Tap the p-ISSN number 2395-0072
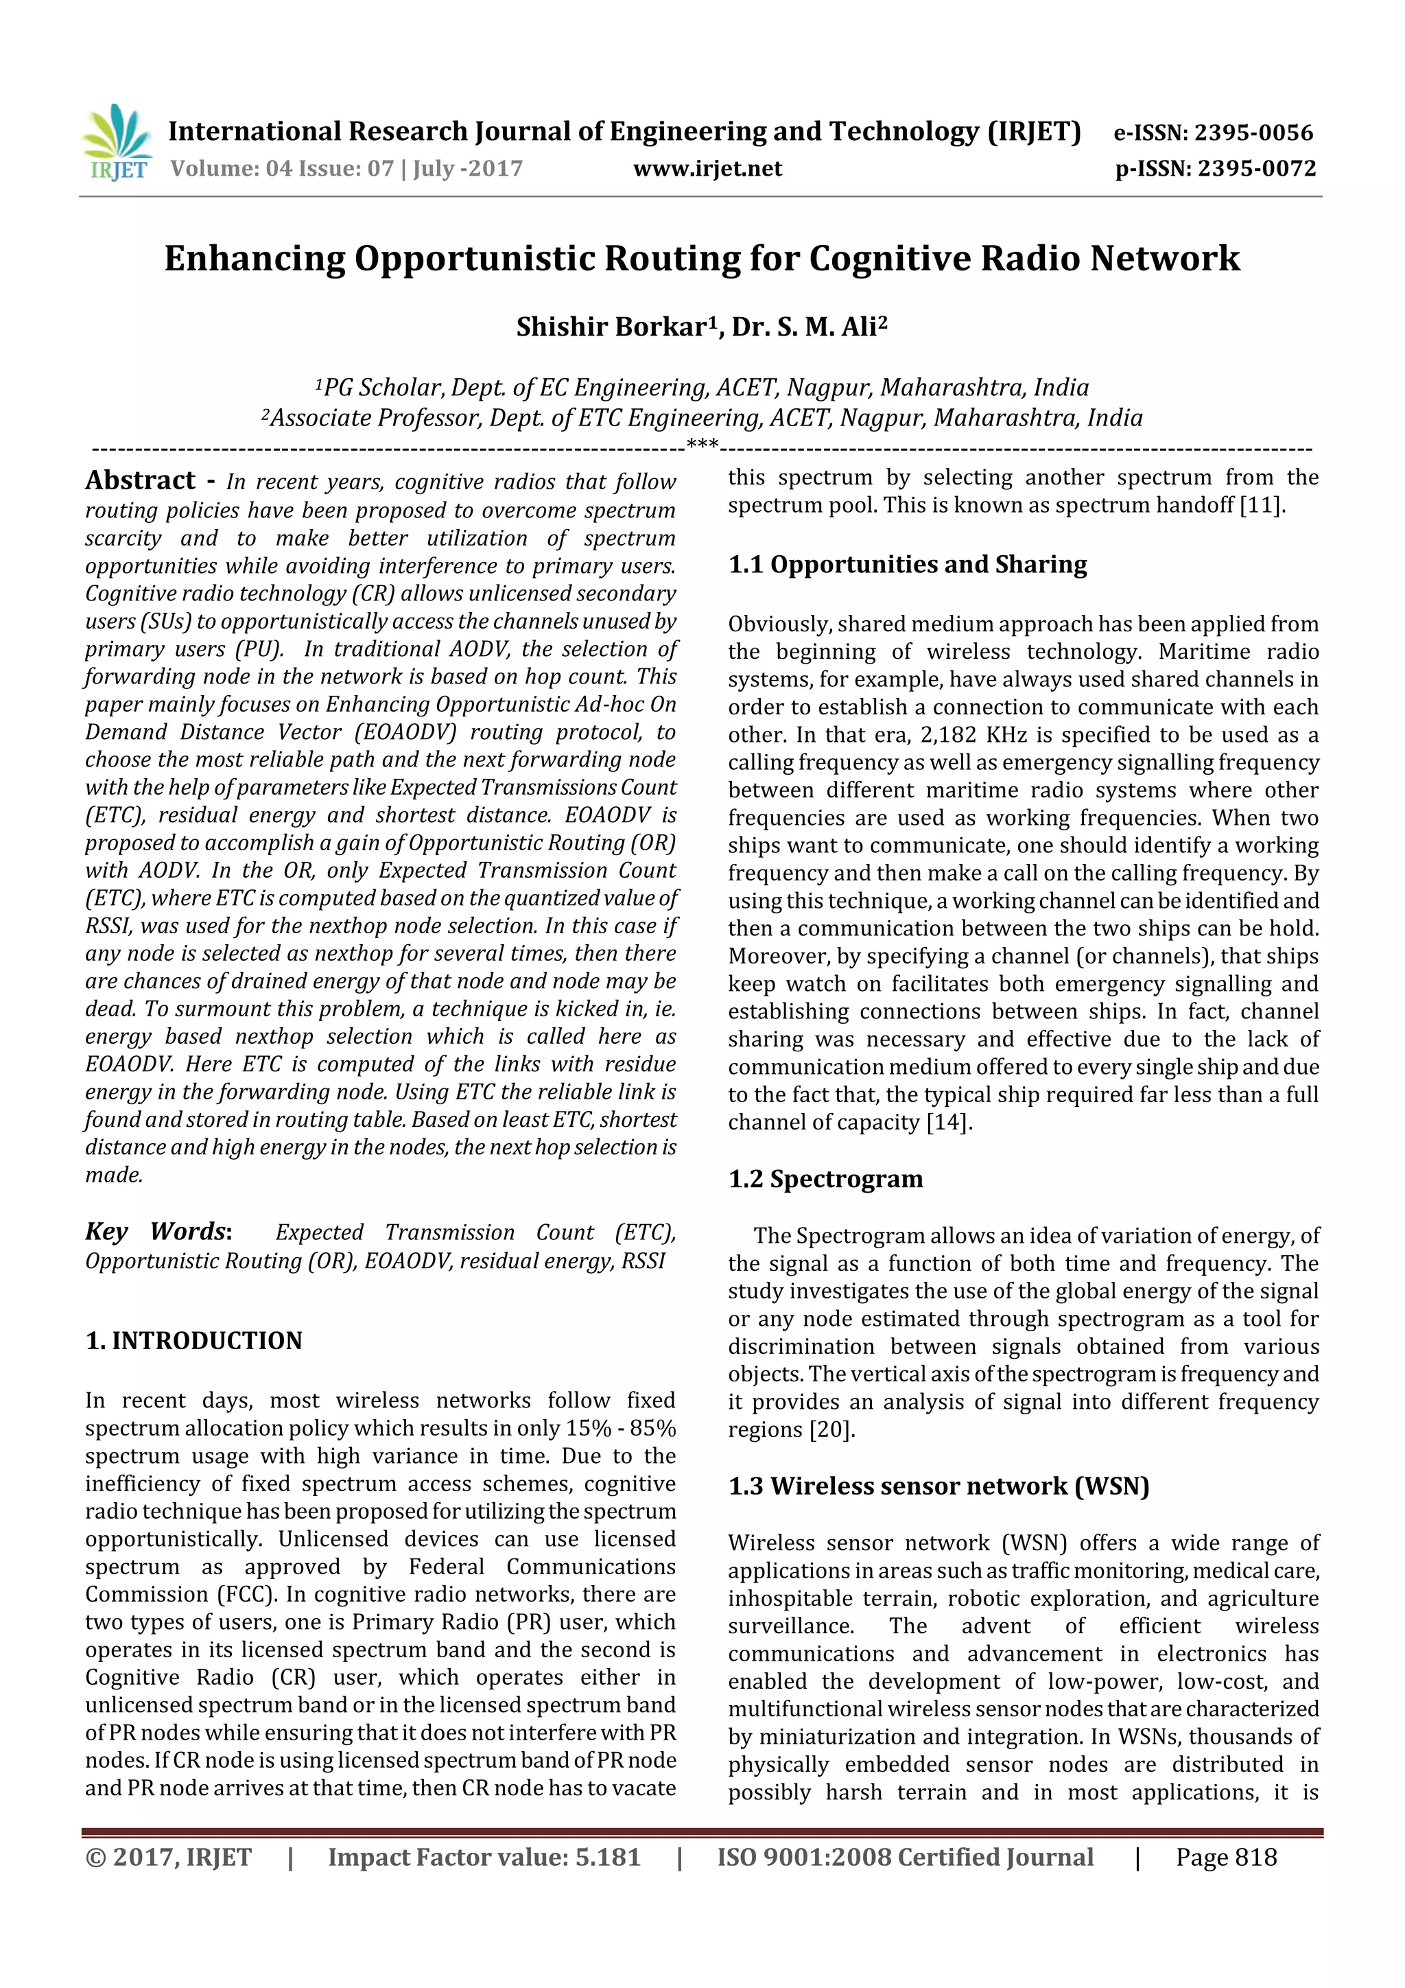[1256, 169]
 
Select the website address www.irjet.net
[707, 169]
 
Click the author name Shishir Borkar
[611, 327]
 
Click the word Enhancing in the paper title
[254, 259]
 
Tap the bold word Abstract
[140, 480]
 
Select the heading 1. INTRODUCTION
[194, 1341]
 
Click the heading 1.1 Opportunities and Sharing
[907, 565]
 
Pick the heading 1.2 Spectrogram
[825, 1180]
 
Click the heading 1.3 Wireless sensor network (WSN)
[938, 1486]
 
